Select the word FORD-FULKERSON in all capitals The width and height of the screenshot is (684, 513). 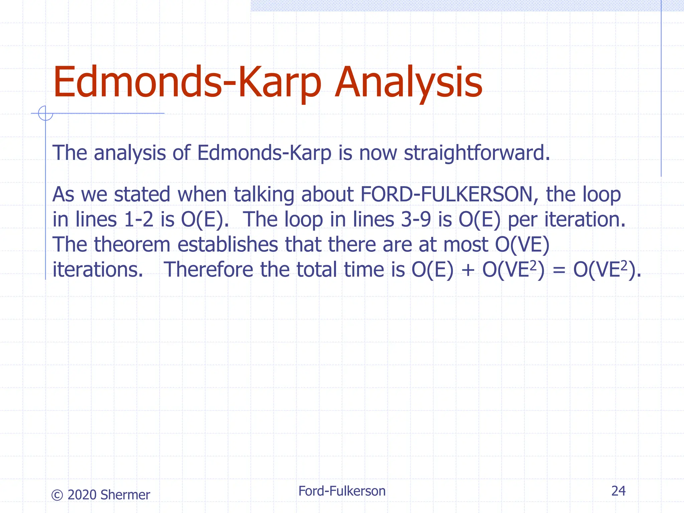(x=447, y=195)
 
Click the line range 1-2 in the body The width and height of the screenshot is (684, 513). (x=138, y=220)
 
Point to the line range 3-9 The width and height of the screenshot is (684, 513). (x=416, y=220)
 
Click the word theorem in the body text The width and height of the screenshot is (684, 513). (x=132, y=245)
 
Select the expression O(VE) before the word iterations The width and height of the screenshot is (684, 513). (x=522, y=245)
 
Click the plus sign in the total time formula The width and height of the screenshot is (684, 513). (x=468, y=270)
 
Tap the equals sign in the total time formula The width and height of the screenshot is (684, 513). (x=559, y=270)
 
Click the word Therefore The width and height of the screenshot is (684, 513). (x=208, y=270)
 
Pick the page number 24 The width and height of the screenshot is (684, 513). (x=618, y=491)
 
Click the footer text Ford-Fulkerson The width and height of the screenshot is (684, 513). (x=342, y=491)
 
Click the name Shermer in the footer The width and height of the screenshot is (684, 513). (x=125, y=495)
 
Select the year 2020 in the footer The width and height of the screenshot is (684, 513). (x=82, y=495)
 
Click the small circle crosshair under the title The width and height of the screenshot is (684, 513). (x=45, y=113)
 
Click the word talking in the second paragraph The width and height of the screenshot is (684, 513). (x=264, y=195)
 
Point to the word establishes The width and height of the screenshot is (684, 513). (x=227, y=245)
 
